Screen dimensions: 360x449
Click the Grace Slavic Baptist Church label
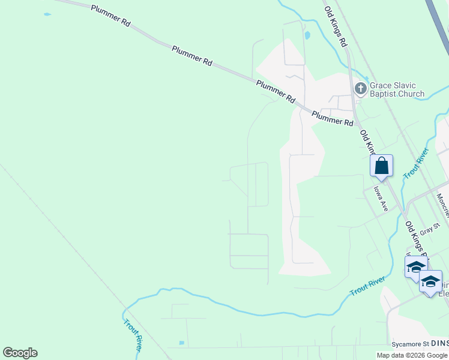397,89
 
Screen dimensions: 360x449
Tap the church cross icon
360,89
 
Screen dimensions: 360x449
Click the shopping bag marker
381,166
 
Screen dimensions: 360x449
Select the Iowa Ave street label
381,199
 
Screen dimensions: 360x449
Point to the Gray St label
430,229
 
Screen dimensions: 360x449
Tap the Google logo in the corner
20,353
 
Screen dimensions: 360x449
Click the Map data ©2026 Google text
412,355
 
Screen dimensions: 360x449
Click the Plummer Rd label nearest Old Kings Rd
333,117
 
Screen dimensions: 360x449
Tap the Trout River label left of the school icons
367,286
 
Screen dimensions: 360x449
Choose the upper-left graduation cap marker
415,266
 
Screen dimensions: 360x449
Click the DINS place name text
439,343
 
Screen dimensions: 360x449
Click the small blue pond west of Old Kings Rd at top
307,35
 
